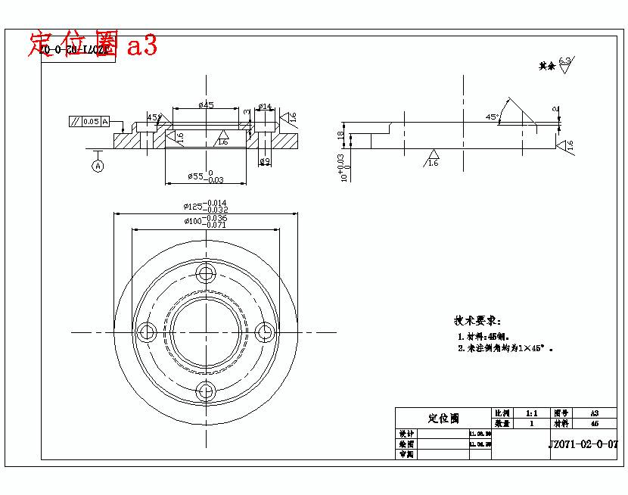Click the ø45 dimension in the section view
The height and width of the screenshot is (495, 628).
click(x=206, y=105)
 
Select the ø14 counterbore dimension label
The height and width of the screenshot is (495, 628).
click(x=265, y=107)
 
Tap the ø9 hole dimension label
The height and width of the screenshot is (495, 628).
click(x=264, y=160)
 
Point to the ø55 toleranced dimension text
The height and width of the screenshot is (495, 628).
click(x=205, y=177)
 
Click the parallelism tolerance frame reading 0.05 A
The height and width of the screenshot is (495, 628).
click(x=89, y=121)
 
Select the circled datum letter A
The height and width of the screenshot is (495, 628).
click(x=98, y=167)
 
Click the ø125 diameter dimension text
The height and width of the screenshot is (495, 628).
click(x=205, y=205)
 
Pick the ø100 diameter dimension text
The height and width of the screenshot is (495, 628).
click(x=205, y=221)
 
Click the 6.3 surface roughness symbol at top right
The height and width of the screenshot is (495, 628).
click(x=564, y=65)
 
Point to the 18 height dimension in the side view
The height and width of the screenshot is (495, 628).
click(x=341, y=136)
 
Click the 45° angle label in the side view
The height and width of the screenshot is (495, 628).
click(x=492, y=117)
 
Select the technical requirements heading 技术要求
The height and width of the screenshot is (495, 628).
click(x=477, y=321)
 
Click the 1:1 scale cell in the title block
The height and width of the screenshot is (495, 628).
click(x=530, y=413)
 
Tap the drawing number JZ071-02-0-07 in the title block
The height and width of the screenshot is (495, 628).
click(x=583, y=445)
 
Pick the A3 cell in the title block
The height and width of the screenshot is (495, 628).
click(x=594, y=413)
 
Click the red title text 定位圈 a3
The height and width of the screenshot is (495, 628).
click(x=93, y=45)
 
